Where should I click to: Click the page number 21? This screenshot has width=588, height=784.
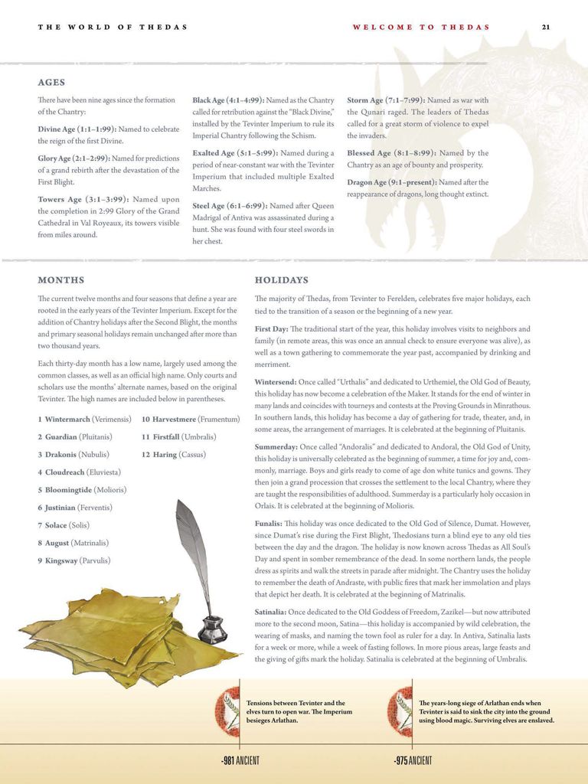point(545,27)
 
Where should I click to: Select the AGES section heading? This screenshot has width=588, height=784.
point(51,83)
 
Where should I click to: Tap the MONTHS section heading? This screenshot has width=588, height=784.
point(61,280)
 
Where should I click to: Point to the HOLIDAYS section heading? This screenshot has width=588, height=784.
point(281,280)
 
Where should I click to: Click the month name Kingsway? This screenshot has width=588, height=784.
point(61,560)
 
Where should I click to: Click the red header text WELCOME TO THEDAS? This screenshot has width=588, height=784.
point(421,27)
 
